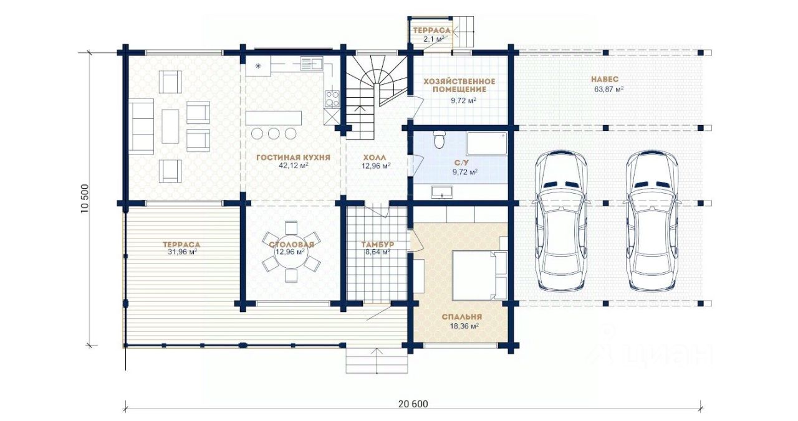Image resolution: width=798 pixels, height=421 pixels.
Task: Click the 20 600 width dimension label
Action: [x=413, y=404]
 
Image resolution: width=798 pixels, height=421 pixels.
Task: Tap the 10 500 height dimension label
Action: [x=84, y=199]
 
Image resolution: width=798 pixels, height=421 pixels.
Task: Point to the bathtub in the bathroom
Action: [x=487, y=144]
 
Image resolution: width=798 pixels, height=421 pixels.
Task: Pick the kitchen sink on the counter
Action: [x=311, y=63]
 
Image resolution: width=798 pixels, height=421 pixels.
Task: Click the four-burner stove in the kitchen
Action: [x=332, y=99]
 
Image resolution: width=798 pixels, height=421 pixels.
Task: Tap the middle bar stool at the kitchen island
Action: [x=274, y=133]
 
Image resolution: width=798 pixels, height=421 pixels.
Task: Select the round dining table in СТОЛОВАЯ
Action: [x=291, y=252]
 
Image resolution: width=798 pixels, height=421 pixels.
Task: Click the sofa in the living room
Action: [x=141, y=126]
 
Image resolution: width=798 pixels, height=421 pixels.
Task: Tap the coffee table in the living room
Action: [x=170, y=126]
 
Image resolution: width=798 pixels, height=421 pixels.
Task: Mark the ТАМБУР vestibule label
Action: [x=378, y=245]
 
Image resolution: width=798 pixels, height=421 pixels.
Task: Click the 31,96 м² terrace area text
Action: [x=183, y=252]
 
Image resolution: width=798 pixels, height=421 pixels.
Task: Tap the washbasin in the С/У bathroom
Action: [x=442, y=192]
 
